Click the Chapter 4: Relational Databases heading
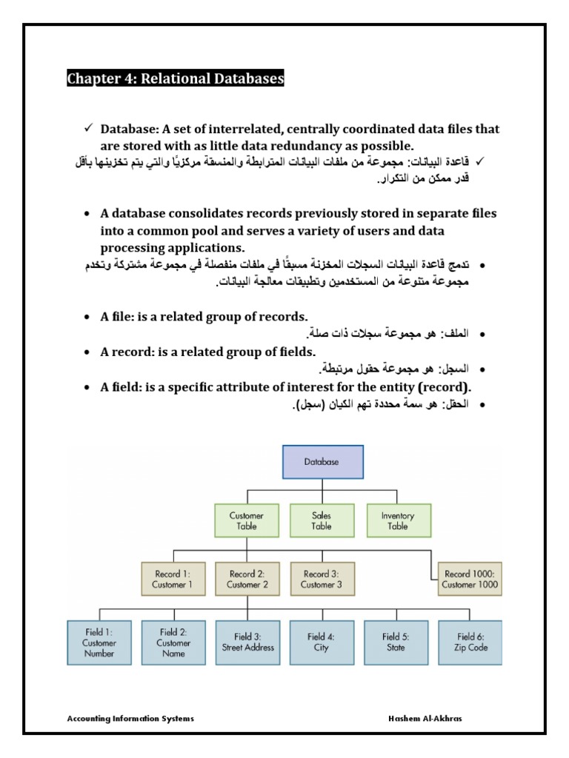(176, 78)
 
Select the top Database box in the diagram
(322, 461)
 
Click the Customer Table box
(247, 520)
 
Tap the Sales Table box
(322, 520)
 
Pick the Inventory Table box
(398, 520)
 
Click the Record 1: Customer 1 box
(173, 579)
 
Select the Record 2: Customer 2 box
(247, 579)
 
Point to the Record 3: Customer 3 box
(322, 579)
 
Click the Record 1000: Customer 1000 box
(470, 579)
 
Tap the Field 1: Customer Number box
(100, 642)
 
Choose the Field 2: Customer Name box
(173, 642)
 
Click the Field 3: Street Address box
(247, 642)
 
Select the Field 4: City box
(322, 642)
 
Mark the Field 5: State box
(396, 642)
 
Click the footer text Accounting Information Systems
(130, 719)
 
